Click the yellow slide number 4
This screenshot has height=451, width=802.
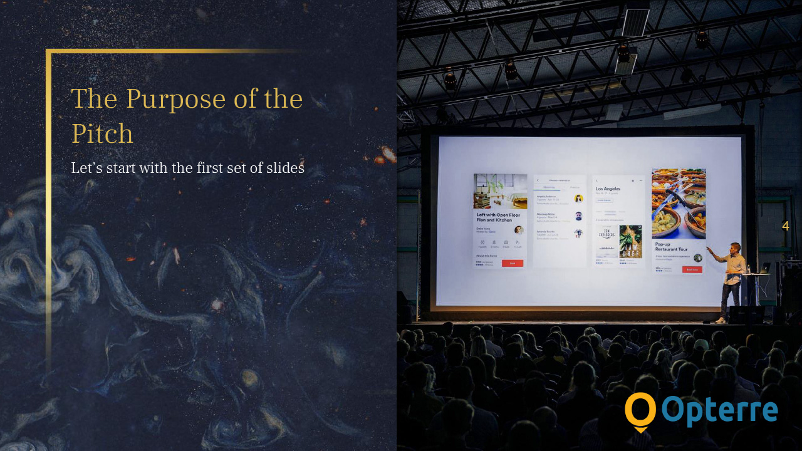[785, 226]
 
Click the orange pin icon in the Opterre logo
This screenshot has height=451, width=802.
[640, 412]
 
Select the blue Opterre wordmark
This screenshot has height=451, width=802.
[719, 411]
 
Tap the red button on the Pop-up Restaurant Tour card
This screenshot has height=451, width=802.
[692, 269]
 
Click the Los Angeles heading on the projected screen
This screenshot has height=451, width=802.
[608, 189]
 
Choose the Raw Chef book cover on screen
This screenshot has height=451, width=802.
[630, 241]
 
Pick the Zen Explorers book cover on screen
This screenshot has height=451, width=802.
[606, 241]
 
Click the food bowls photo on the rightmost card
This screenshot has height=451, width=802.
[679, 203]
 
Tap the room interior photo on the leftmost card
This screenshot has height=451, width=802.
[500, 191]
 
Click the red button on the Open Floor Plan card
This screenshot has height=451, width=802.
[512, 263]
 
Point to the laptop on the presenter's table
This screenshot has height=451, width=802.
[764, 268]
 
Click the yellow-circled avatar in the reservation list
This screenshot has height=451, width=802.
[578, 199]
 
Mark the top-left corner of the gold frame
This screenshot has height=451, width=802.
[48, 51]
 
